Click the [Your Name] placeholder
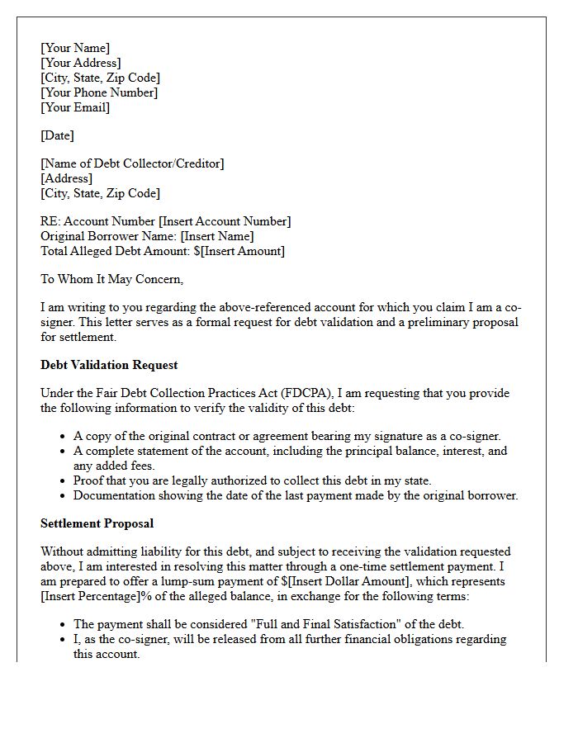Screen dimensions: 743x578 point(75,48)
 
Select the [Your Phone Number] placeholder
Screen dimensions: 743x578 point(99,92)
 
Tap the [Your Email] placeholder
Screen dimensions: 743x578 point(75,107)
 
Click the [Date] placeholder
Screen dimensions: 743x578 point(57,135)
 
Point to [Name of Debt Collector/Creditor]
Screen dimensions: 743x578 point(132,163)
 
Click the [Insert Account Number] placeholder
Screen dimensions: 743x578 point(225,221)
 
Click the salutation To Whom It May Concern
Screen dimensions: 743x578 point(111,279)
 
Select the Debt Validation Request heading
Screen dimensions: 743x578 point(109,365)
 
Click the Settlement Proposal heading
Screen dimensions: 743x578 point(97,523)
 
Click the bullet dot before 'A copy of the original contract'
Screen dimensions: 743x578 point(64,437)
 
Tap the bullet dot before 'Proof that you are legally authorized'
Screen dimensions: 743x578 point(64,481)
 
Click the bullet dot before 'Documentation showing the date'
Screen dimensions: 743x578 point(64,496)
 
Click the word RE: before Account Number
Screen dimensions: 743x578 point(50,221)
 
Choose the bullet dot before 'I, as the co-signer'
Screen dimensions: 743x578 point(64,640)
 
